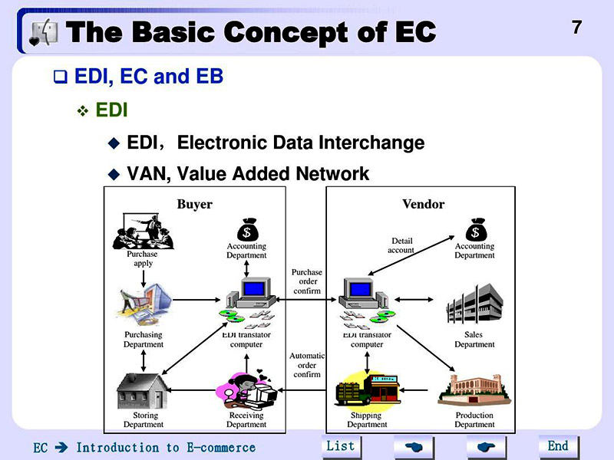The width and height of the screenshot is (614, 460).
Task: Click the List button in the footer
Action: click(x=340, y=446)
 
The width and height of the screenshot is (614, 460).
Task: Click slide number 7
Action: click(x=576, y=28)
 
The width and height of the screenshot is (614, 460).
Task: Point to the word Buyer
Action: click(x=194, y=205)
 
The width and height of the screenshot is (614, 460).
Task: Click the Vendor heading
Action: click(x=423, y=205)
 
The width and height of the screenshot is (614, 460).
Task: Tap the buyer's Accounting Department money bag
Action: click(x=246, y=228)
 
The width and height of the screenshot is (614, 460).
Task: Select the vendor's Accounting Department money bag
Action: click(x=475, y=228)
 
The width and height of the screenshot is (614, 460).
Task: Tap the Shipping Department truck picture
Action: click(x=366, y=389)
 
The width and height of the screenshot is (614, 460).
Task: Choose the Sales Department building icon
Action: click(x=474, y=304)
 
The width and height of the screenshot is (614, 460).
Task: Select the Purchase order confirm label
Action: click(x=307, y=281)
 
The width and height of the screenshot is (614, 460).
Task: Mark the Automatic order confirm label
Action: click(x=307, y=365)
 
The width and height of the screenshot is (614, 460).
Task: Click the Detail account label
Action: click(x=401, y=245)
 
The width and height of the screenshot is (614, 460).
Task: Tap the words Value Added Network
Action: click(x=272, y=174)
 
